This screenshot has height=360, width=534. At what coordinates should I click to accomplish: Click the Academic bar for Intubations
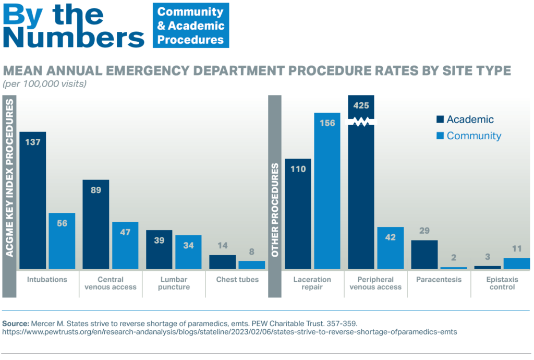(x=33, y=200)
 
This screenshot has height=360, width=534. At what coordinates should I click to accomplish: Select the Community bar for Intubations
(x=62, y=241)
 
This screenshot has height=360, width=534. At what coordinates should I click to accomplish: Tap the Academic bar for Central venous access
(x=96, y=224)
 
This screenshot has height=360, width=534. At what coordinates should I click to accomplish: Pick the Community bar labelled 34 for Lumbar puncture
(x=188, y=252)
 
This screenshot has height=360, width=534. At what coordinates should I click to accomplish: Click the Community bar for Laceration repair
(x=327, y=190)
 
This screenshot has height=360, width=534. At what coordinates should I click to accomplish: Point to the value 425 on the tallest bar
(x=361, y=105)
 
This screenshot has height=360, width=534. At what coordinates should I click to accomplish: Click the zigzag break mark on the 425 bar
(x=361, y=122)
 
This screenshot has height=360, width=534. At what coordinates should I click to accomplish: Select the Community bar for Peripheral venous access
(x=390, y=248)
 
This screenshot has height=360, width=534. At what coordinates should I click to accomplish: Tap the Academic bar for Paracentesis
(x=424, y=255)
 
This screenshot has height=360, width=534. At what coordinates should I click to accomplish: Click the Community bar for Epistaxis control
(x=517, y=263)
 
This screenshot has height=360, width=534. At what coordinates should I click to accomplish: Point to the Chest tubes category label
(x=237, y=280)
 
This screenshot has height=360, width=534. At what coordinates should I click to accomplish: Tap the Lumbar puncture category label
(x=174, y=283)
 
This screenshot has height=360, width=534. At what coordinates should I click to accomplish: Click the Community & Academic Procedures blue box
(x=190, y=26)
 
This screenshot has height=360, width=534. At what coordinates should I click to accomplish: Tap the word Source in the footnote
(x=16, y=322)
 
